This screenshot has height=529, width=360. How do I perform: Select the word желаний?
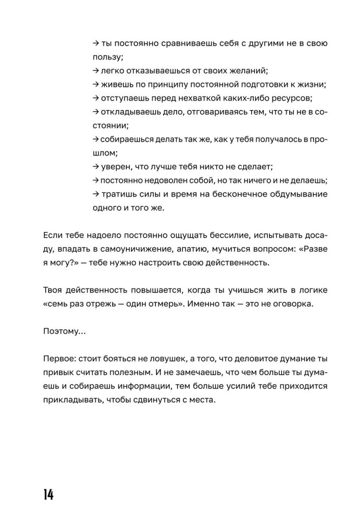(x=247, y=70)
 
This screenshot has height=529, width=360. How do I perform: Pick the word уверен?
(x=115, y=167)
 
